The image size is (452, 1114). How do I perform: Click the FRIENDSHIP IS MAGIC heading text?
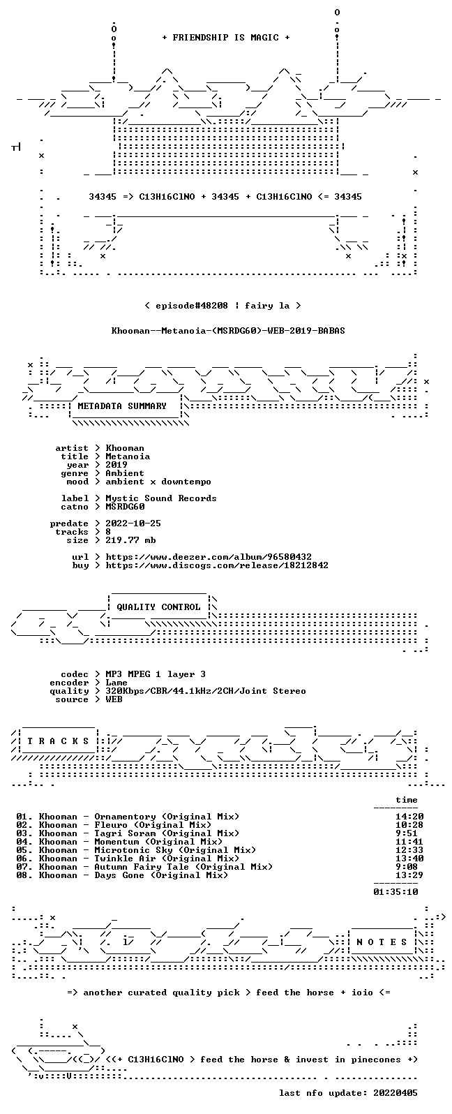click(226, 38)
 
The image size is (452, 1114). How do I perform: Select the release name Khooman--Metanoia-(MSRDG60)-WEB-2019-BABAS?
click(228, 331)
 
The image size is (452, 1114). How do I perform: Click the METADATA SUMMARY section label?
click(122, 406)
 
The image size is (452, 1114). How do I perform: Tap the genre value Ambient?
click(125, 473)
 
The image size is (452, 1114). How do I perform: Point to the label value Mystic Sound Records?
click(161, 498)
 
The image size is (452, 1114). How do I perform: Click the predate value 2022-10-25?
click(133, 523)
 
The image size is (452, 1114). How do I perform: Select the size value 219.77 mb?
click(130, 540)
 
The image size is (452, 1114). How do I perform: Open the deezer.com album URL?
click(209, 557)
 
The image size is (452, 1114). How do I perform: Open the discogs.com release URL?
click(217, 565)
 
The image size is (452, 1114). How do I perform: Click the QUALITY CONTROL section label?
click(158, 607)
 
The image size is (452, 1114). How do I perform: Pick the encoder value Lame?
click(116, 683)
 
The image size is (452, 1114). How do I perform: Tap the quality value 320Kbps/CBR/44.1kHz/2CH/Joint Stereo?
click(206, 691)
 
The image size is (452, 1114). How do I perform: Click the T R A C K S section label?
click(58, 741)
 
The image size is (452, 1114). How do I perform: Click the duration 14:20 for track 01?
click(409, 817)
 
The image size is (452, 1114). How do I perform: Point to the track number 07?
click(22, 867)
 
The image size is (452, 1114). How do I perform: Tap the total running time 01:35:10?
click(395, 892)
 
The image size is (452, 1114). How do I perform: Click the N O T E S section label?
click(382, 942)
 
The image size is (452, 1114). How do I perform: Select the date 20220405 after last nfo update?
click(395, 1093)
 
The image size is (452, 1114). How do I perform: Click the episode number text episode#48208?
click(192, 306)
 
